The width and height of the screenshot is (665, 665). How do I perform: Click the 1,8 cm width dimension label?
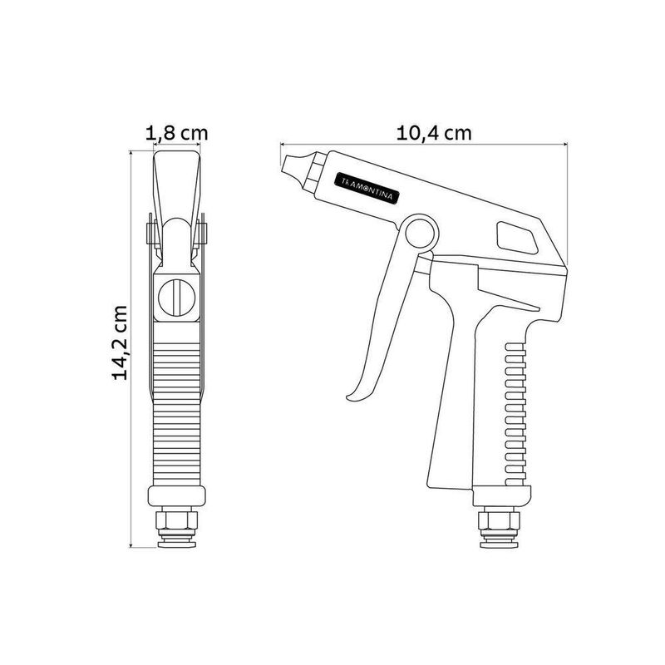tap(176, 133)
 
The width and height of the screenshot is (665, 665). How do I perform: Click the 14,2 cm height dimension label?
tap(120, 342)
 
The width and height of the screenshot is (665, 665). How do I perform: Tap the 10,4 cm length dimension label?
tap(434, 133)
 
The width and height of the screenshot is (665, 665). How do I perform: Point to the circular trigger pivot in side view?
tap(421, 234)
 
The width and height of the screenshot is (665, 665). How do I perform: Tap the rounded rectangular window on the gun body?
tap(517, 238)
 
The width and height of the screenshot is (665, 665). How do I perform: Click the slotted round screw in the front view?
tap(176, 298)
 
